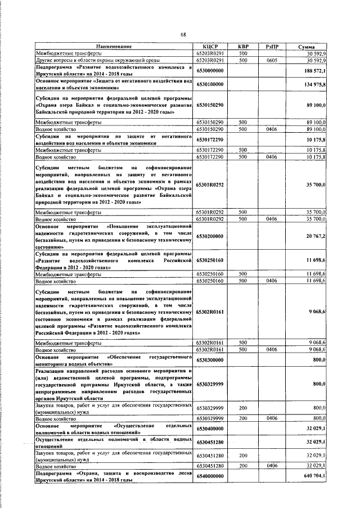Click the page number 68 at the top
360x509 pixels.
coord(183,35)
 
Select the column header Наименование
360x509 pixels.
coord(114,46)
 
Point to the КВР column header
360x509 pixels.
coord(243,46)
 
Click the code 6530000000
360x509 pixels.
coord(210,70)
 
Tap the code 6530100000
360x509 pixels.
coord(210,84)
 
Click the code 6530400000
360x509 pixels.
coord(210,429)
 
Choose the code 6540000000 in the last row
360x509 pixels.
coord(210,476)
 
